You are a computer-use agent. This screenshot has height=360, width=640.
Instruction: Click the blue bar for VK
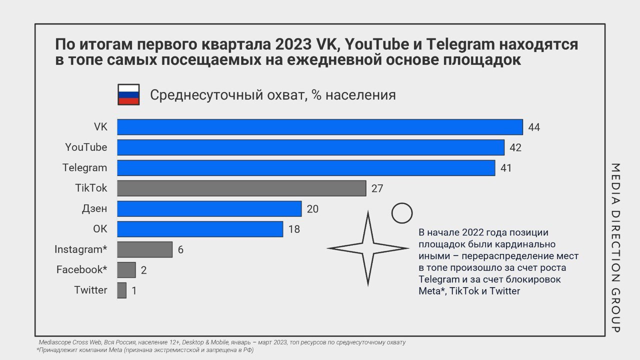pyautogui.click(x=320, y=127)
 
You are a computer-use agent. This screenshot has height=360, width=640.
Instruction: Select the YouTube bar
pyautogui.click(x=310, y=147)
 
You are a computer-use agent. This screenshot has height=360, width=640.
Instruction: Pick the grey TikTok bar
pyautogui.click(x=241, y=188)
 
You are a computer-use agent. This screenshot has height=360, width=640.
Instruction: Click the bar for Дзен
pyautogui.click(x=209, y=208)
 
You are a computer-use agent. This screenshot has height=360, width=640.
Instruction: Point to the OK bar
pyautogui.click(x=200, y=229)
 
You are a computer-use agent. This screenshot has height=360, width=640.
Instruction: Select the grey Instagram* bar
pyautogui.click(x=144, y=249)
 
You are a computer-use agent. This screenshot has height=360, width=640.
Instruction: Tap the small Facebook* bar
pyautogui.click(x=126, y=269)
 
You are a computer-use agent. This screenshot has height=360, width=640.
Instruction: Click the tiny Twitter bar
pyautogui.click(x=121, y=290)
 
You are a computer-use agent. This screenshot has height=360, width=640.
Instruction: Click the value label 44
pyautogui.click(x=534, y=127)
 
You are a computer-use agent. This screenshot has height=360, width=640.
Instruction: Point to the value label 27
pyautogui.click(x=377, y=188)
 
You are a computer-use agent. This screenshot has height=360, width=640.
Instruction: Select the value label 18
pyautogui.click(x=294, y=229)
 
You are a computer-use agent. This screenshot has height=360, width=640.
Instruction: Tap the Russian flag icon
pyautogui.click(x=128, y=94)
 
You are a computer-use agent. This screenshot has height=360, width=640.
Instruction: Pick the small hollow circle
pyautogui.click(x=401, y=213)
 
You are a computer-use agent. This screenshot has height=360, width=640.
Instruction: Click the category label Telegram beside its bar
pyautogui.click(x=85, y=167)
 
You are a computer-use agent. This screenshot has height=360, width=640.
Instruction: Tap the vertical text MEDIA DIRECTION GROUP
pyautogui.click(x=616, y=247)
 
